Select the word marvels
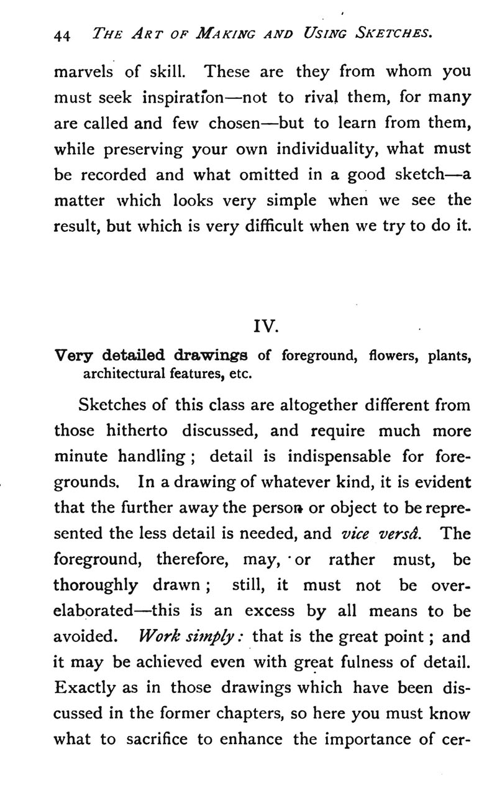click(84, 71)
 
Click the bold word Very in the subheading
click(74, 356)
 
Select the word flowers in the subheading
click(391, 356)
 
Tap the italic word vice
click(355, 534)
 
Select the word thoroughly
click(96, 585)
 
